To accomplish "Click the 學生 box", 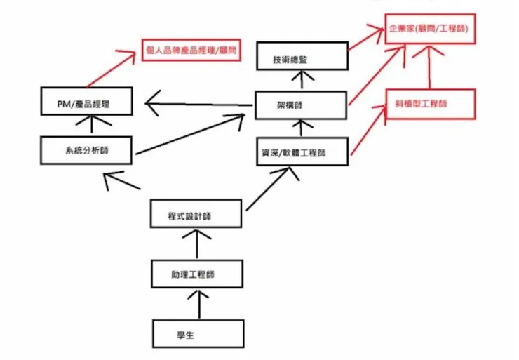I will (x=198, y=335).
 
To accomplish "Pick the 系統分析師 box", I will (x=85, y=149).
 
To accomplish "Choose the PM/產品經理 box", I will (x=85, y=104).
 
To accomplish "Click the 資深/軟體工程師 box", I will (x=302, y=152).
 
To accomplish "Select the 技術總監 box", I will (x=302, y=58).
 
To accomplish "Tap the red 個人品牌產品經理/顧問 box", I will (x=191, y=51).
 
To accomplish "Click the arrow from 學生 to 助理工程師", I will (x=198, y=304).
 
